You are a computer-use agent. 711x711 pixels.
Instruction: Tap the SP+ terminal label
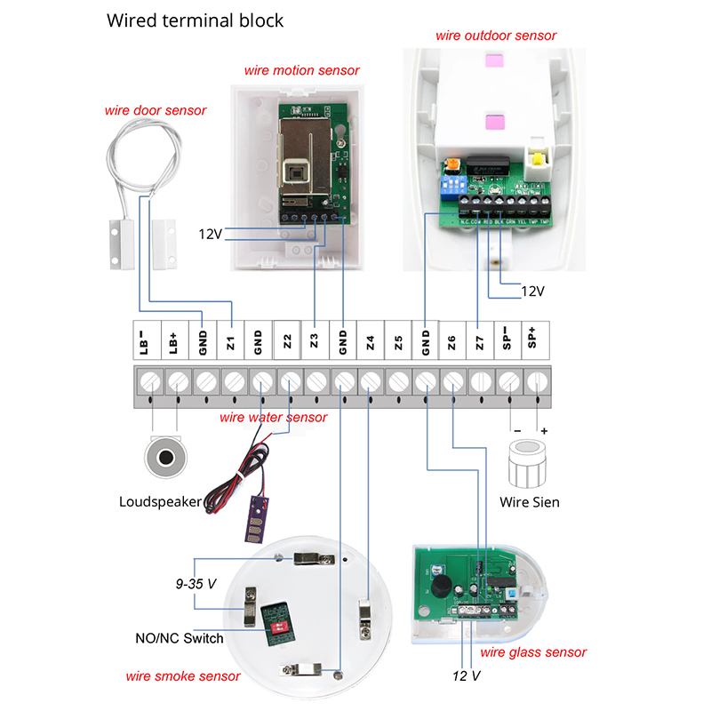535,340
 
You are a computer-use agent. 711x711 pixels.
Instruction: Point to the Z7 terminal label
480,340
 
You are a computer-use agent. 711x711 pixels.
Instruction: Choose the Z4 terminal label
370,340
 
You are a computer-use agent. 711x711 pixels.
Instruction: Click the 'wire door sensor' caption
156,111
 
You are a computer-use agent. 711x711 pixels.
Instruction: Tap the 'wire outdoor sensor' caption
496,36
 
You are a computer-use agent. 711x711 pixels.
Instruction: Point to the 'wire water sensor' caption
274,417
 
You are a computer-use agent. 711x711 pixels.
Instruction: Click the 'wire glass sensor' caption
533,652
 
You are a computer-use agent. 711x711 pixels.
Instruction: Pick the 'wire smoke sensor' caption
182,676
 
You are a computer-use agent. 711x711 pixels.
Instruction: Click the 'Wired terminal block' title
196,20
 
